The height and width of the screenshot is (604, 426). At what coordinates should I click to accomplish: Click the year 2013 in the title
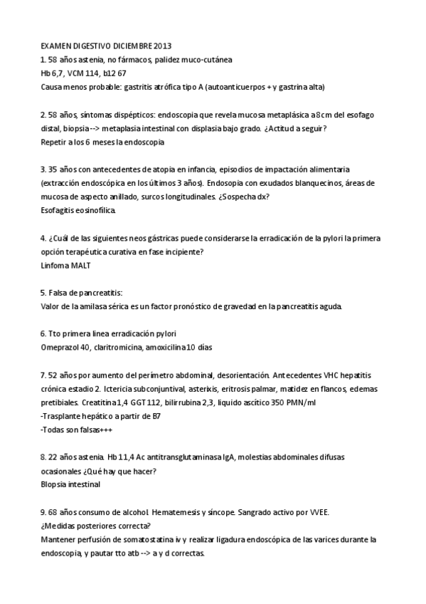pos(162,46)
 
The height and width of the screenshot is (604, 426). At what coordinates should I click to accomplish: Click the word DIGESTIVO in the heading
pos(92,46)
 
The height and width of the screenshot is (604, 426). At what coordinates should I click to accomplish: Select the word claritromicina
pos(117,348)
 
